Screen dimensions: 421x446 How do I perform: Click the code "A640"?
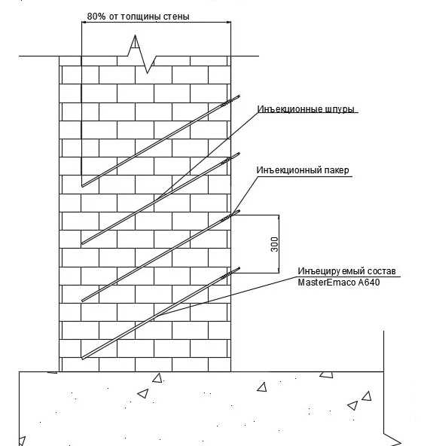click(x=369, y=283)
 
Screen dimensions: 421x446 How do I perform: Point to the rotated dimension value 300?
click(x=275, y=244)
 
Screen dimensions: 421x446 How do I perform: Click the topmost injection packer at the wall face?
click(x=230, y=101)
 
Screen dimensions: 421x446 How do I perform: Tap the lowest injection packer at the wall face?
click(x=230, y=273)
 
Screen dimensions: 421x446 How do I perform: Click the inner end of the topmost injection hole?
click(x=82, y=186)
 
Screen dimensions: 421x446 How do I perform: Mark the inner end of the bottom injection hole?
click(x=82, y=358)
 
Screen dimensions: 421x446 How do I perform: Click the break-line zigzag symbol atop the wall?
click(x=142, y=54)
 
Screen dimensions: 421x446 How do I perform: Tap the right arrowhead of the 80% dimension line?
click(x=228, y=22)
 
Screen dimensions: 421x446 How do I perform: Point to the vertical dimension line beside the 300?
click(x=279, y=244)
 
